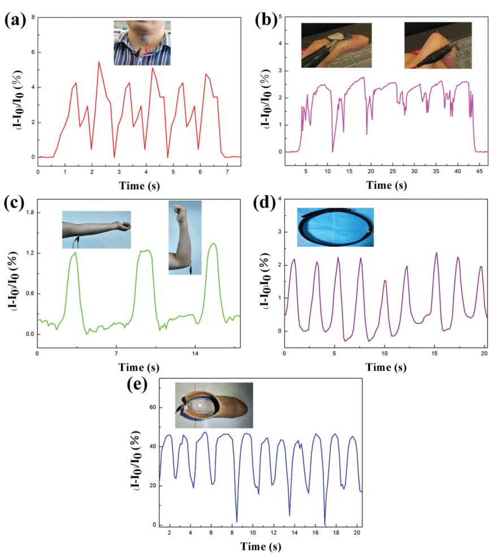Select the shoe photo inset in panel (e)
(x=214, y=405)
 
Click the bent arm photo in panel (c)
(x=185, y=237)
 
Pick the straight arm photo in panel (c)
(x=96, y=230)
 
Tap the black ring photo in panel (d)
(x=335, y=227)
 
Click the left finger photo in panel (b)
(x=336, y=46)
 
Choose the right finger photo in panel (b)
(x=438, y=46)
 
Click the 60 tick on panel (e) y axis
(x=152, y=408)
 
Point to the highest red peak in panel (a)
(x=99, y=62)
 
